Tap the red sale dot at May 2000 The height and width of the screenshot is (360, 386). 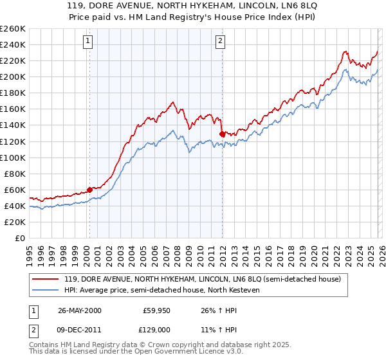coord(89,190)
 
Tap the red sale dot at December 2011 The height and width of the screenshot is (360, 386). coord(222,134)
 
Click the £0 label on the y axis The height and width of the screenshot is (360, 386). coord(19,238)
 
